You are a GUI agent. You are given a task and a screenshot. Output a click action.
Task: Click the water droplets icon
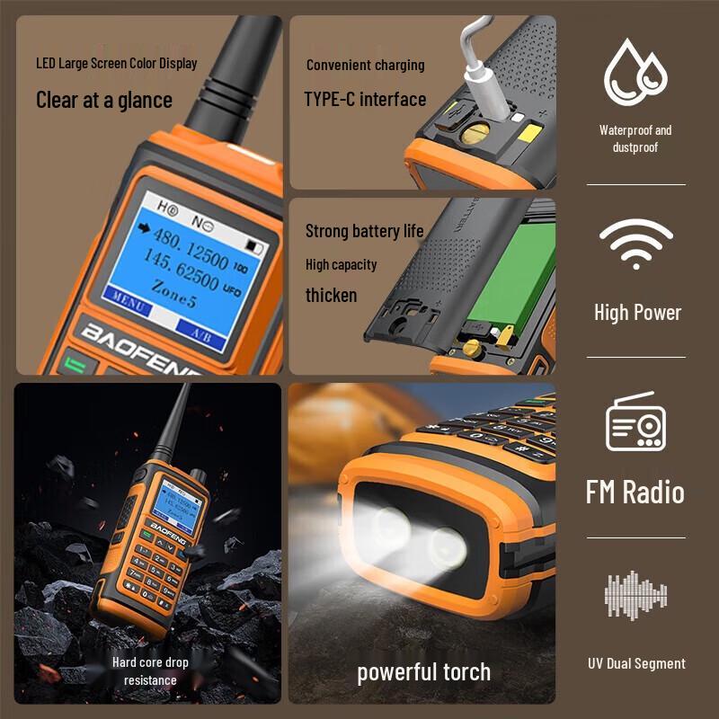click(635, 72)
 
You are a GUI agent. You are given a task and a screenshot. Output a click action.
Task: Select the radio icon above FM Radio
click(635, 422)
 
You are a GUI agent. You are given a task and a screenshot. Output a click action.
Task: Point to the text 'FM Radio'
click(635, 493)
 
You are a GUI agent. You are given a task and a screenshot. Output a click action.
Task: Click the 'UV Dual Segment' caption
click(635, 664)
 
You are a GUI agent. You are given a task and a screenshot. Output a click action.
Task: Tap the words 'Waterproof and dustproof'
click(635, 138)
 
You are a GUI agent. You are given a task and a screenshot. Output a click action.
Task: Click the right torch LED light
click(447, 546)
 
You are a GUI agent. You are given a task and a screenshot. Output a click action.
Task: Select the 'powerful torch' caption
click(423, 672)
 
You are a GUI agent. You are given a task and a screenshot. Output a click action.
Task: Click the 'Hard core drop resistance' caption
click(150, 671)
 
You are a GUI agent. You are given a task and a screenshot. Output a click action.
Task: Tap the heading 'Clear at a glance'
click(103, 100)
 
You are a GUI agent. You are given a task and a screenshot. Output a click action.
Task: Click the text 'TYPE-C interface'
click(365, 99)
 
